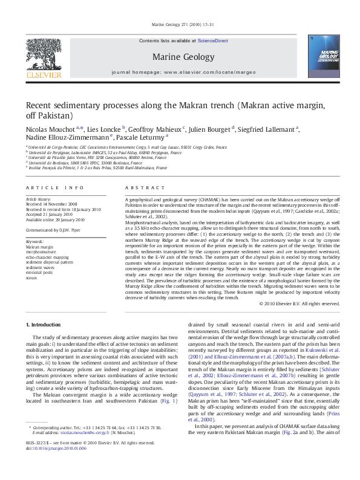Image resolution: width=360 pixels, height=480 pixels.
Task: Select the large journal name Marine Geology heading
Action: pos(180,57)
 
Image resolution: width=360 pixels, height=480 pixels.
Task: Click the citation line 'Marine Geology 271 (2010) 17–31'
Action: pos(180,25)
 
